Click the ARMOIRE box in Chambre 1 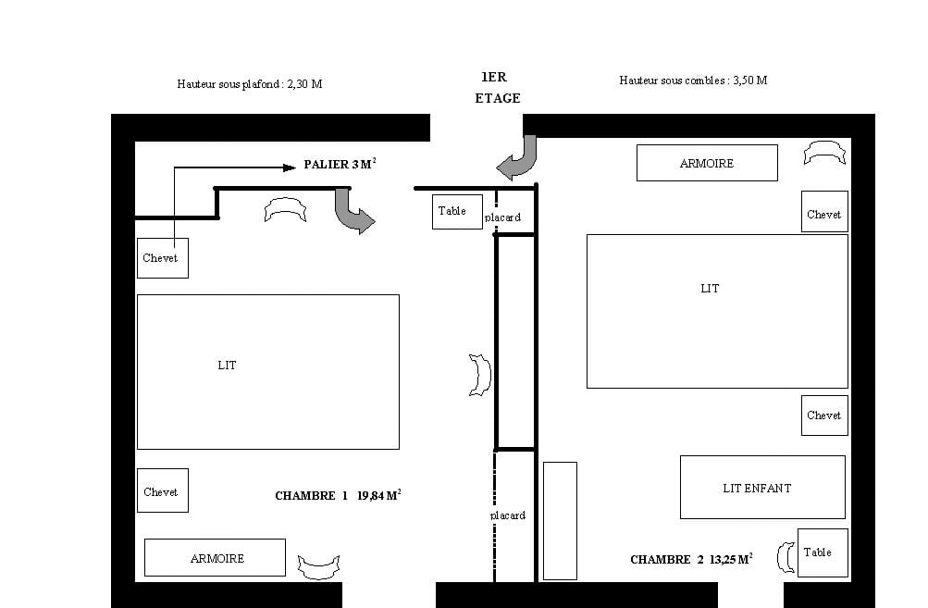point(215,558)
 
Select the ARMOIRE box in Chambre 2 point(707,163)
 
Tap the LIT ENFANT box point(763,487)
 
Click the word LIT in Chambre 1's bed point(227,366)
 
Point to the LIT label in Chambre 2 point(710,289)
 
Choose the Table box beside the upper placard point(457,212)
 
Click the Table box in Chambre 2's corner point(823,553)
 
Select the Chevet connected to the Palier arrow point(163,258)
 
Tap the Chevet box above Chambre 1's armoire point(163,490)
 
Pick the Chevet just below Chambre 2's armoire point(824,211)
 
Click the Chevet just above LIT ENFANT point(824,416)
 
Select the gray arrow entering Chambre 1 point(353,211)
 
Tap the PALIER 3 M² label point(340,164)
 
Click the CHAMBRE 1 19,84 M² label point(338,495)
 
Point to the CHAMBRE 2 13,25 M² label point(691,559)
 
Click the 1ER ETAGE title point(497,88)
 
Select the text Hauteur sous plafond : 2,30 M point(250,84)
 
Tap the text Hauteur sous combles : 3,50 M point(693,81)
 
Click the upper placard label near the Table point(502,217)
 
